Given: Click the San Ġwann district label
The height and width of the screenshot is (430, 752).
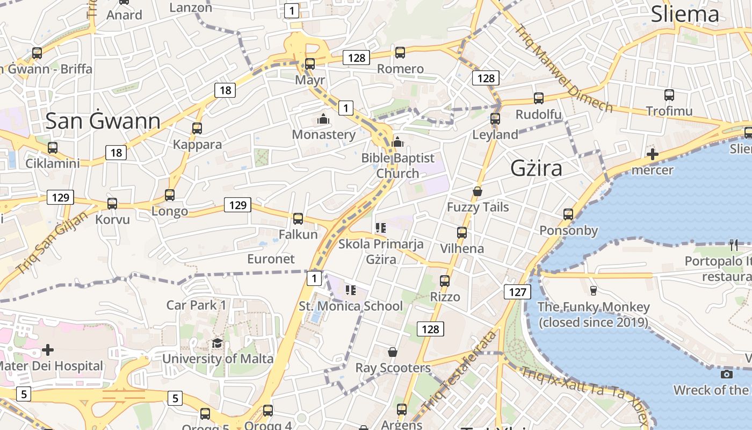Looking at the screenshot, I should (x=103, y=121).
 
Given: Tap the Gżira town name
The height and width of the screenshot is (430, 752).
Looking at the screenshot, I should (x=536, y=168).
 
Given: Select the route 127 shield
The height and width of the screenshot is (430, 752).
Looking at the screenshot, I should (x=517, y=292).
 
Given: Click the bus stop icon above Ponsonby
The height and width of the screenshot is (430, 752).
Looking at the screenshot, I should (x=568, y=214).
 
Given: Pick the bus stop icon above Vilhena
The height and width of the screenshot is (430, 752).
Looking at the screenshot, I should (x=461, y=233).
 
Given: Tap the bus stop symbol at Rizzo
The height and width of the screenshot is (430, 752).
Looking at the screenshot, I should (x=445, y=281).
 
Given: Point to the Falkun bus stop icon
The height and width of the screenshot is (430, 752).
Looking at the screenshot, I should (x=298, y=218).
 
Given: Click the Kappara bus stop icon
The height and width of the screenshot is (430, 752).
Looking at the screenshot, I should (x=197, y=128).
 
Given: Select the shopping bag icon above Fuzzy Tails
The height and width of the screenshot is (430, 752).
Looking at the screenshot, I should (x=477, y=191).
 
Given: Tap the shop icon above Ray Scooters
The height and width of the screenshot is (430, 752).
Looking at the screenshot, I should (x=393, y=352).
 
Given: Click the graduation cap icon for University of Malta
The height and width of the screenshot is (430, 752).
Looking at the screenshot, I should (x=217, y=343).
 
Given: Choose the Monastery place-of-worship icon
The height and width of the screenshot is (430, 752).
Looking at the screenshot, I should (x=323, y=119).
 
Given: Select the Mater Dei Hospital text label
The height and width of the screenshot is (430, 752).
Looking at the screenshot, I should (x=50, y=366).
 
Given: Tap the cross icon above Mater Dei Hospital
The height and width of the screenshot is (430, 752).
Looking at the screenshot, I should (x=48, y=350).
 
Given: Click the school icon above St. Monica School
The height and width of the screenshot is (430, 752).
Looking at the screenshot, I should (x=351, y=290).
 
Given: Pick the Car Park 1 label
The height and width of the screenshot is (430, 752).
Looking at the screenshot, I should (x=197, y=305).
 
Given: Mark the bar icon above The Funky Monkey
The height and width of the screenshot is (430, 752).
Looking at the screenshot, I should (x=593, y=291).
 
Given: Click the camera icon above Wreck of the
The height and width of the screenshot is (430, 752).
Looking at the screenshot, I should (x=727, y=374).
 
